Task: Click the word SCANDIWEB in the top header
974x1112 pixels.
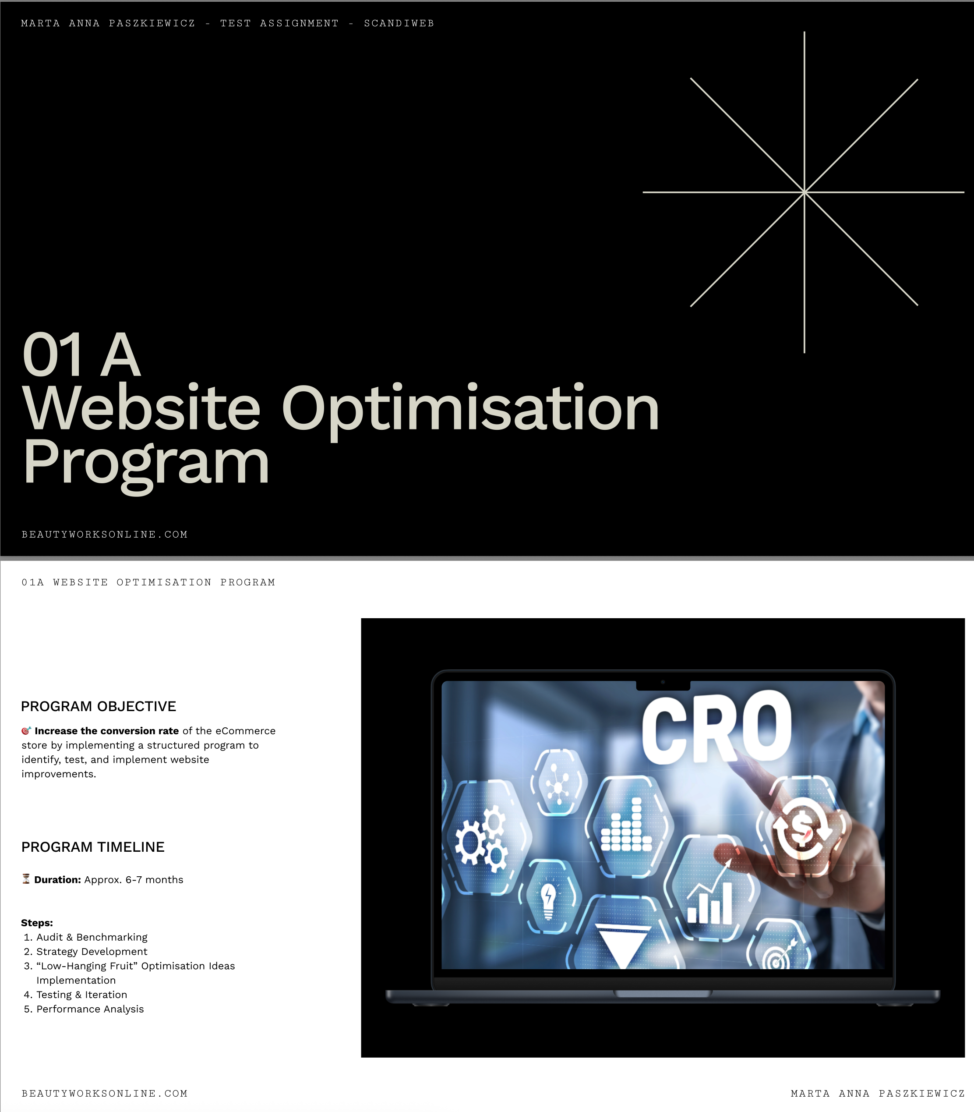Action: (x=399, y=23)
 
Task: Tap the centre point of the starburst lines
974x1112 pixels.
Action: (x=805, y=192)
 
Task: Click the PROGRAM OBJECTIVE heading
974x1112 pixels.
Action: (x=99, y=706)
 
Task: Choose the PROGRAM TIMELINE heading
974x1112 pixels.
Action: (x=93, y=847)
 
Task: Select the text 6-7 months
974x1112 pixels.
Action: (x=154, y=880)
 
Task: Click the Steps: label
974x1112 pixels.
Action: (x=37, y=923)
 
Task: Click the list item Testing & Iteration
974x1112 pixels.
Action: (x=81, y=995)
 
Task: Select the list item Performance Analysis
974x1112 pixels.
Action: (x=90, y=1009)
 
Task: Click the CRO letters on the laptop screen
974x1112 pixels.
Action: (x=717, y=728)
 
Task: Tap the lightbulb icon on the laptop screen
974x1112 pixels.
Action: (x=548, y=900)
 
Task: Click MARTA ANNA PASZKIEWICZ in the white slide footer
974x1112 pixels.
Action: (x=878, y=1094)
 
